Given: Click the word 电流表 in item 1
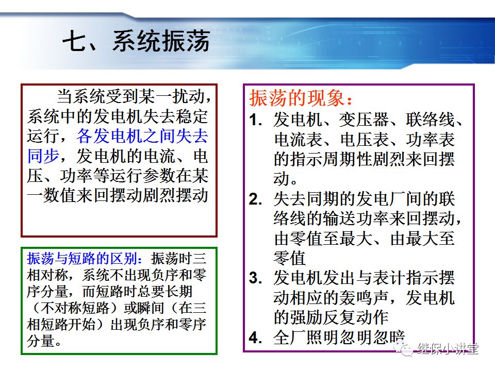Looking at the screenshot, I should point(298,140).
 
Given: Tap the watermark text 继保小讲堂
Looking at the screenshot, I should point(448,349).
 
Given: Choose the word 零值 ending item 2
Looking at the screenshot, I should point(290,258).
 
